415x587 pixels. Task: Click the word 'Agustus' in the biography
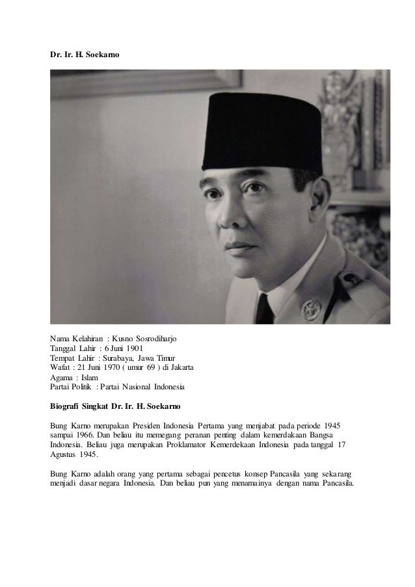coord(64,456)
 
